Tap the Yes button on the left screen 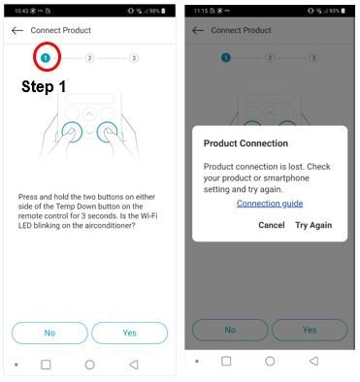[x=129, y=333]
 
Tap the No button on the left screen [x=49, y=333]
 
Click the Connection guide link [x=270, y=204]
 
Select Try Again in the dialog [x=313, y=225]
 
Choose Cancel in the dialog [x=272, y=225]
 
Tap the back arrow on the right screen [x=198, y=31]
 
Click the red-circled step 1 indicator [x=45, y=58]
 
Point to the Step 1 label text [x=45, y=86]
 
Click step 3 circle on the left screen [x=133, y=58]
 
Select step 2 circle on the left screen [x=89, y=58]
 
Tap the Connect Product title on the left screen [x=60, y=31]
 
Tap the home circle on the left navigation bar [x=89, y=365]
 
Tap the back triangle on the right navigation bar [x=313, y=361]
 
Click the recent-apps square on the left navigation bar [x=46, y=365]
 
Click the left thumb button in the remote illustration [x=70, y=132]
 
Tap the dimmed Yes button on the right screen [x=310, y=330]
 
